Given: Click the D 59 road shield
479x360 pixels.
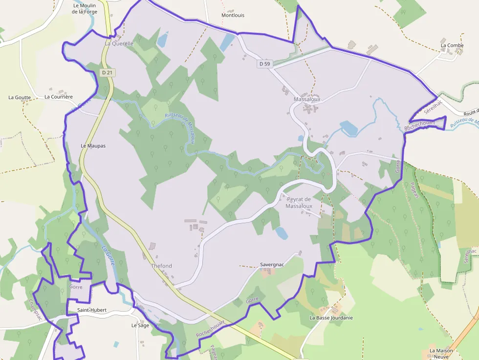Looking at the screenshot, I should pos(264,64).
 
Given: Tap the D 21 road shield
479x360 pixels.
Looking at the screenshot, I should pos(108,72).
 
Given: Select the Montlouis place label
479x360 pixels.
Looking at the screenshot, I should pos(233,15).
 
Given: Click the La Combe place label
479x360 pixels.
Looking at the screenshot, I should pos(452,45).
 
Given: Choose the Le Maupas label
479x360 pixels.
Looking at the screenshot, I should pos(93,146).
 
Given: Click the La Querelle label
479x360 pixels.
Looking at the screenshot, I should pos(119,43).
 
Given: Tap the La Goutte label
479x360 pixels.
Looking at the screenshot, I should pos(20,97).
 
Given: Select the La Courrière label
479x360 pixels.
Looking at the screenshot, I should pos(59,97).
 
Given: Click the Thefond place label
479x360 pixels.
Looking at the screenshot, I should pos(161,266).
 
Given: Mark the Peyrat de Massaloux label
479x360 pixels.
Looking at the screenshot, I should pos(299,203).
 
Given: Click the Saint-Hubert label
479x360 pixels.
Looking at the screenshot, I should pos(92,310).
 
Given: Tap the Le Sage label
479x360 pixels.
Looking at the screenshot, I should pos(140,325).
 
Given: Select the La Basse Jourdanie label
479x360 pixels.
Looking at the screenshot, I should pos(331,318).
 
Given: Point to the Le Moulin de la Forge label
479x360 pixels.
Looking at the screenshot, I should pos(85,9).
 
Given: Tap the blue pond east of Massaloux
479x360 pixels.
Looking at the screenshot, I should pos(348,128).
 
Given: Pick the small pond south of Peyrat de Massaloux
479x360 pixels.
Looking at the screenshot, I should pos(282,233).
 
